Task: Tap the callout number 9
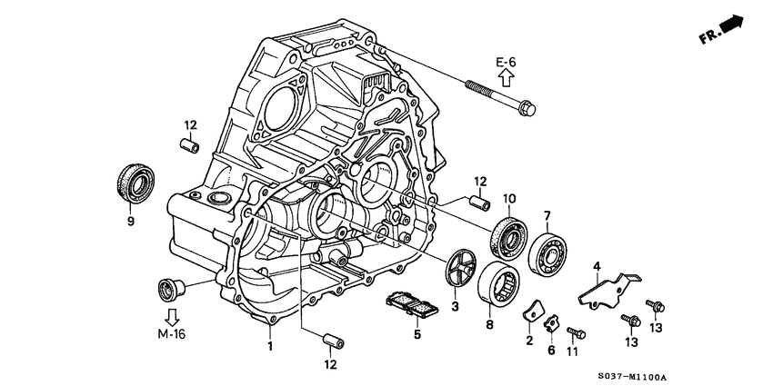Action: pyautogui.click(x=130, y=221)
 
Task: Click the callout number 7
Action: pyautogui.click(x=547, y=215)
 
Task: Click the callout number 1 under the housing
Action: pyautogui.click(x=269, y=345)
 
